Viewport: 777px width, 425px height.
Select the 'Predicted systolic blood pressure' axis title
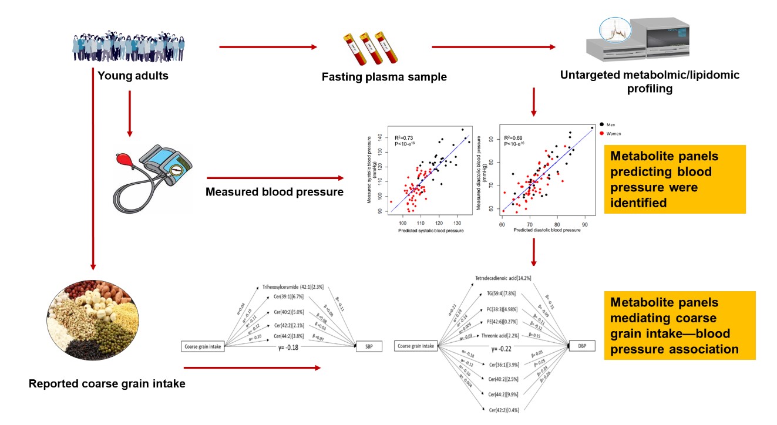(430, 231)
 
